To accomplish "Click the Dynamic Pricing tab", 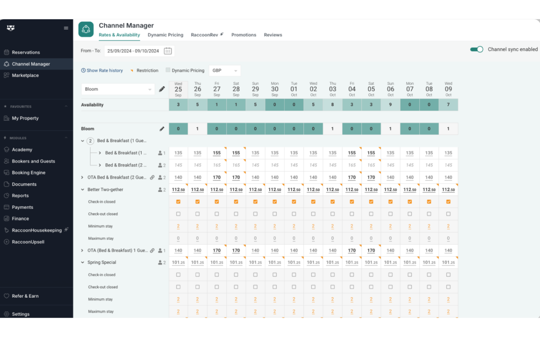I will pos(165,35).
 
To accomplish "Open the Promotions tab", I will pos(243,35).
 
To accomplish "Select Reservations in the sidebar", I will pos(26,53).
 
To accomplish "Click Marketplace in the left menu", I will pos(25,76).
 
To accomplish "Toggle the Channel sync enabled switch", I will pos(477,50).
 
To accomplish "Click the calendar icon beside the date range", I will pos(168,51).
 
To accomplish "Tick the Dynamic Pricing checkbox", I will pos(168,70).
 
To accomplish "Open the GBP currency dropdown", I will pos(224,71).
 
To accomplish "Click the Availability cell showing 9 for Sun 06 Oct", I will pos(390,105).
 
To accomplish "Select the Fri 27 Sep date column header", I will pos(217,89).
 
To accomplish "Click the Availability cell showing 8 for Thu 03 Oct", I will pos(332,105).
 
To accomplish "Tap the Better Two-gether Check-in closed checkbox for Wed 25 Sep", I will pos(178,202).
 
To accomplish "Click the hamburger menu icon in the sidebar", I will pos(66,28).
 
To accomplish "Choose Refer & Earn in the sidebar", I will pos(25,296).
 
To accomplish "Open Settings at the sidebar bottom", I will pos(20,314).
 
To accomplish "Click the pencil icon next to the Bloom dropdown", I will pos(162,89).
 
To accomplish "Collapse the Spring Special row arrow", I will pos(83,263).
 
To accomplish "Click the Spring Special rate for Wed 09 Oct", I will pos(448,263).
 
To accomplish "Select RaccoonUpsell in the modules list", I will pos(28,242).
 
